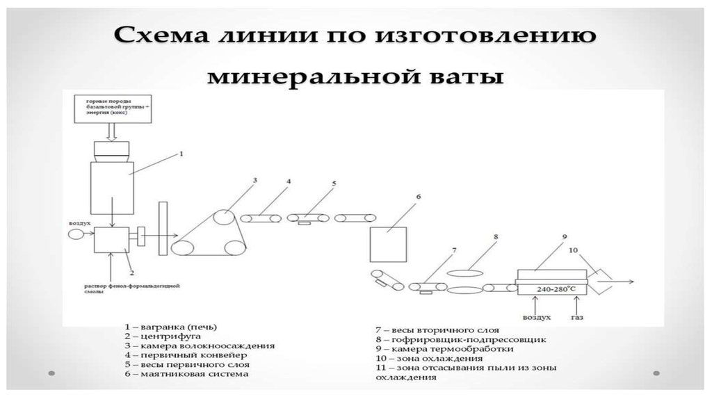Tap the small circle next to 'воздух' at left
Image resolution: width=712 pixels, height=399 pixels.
tap(74, 235)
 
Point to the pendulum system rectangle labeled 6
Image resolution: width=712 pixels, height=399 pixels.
tap(389, 243)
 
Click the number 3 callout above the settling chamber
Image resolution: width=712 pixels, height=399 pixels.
tap(255, 181)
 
